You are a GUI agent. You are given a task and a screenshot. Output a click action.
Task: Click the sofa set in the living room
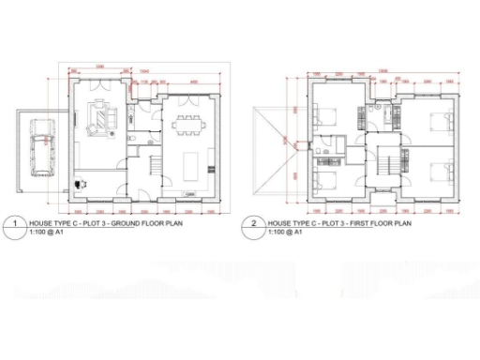pyautogui.click(x=103, y=118)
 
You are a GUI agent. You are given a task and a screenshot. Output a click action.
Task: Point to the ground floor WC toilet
pyautogui.click(x=134, y=138)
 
